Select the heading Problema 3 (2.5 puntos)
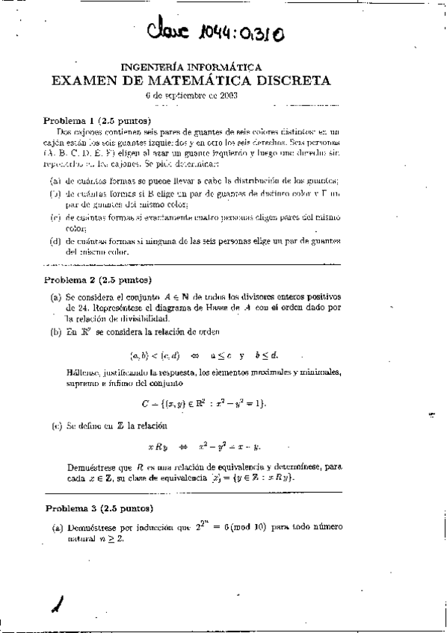click(x=97, y=509)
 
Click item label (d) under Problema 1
click(x=55, y=240)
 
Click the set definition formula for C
click(x=203, y=404)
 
